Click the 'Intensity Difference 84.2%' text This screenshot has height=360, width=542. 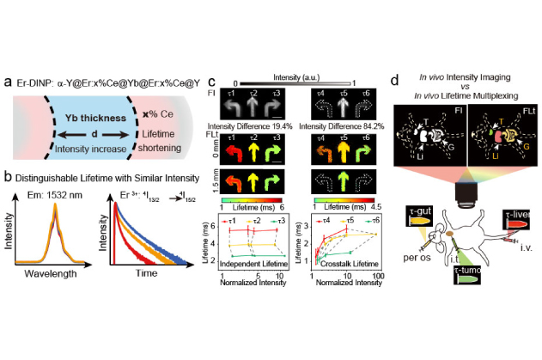(342, 126)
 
